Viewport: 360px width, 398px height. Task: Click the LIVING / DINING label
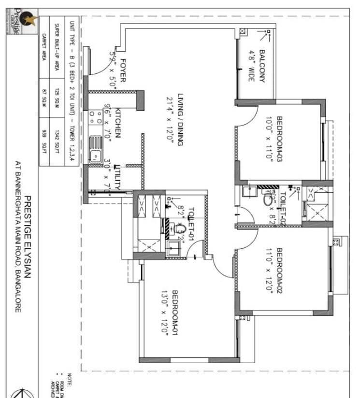pyautogui.click(x=180, y=118)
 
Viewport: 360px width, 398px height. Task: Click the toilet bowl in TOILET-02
pyautogui.click(x=268, y=198)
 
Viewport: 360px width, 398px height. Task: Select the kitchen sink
pyautogui.click(x=95, y=156)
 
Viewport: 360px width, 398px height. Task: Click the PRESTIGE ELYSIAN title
pyautogui.click(x=28, y=237)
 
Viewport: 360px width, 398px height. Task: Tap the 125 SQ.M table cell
pyautogui.click(x=56, y=93)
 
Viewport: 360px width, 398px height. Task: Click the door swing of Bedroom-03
pyautogui.click(x=249, y=116)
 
